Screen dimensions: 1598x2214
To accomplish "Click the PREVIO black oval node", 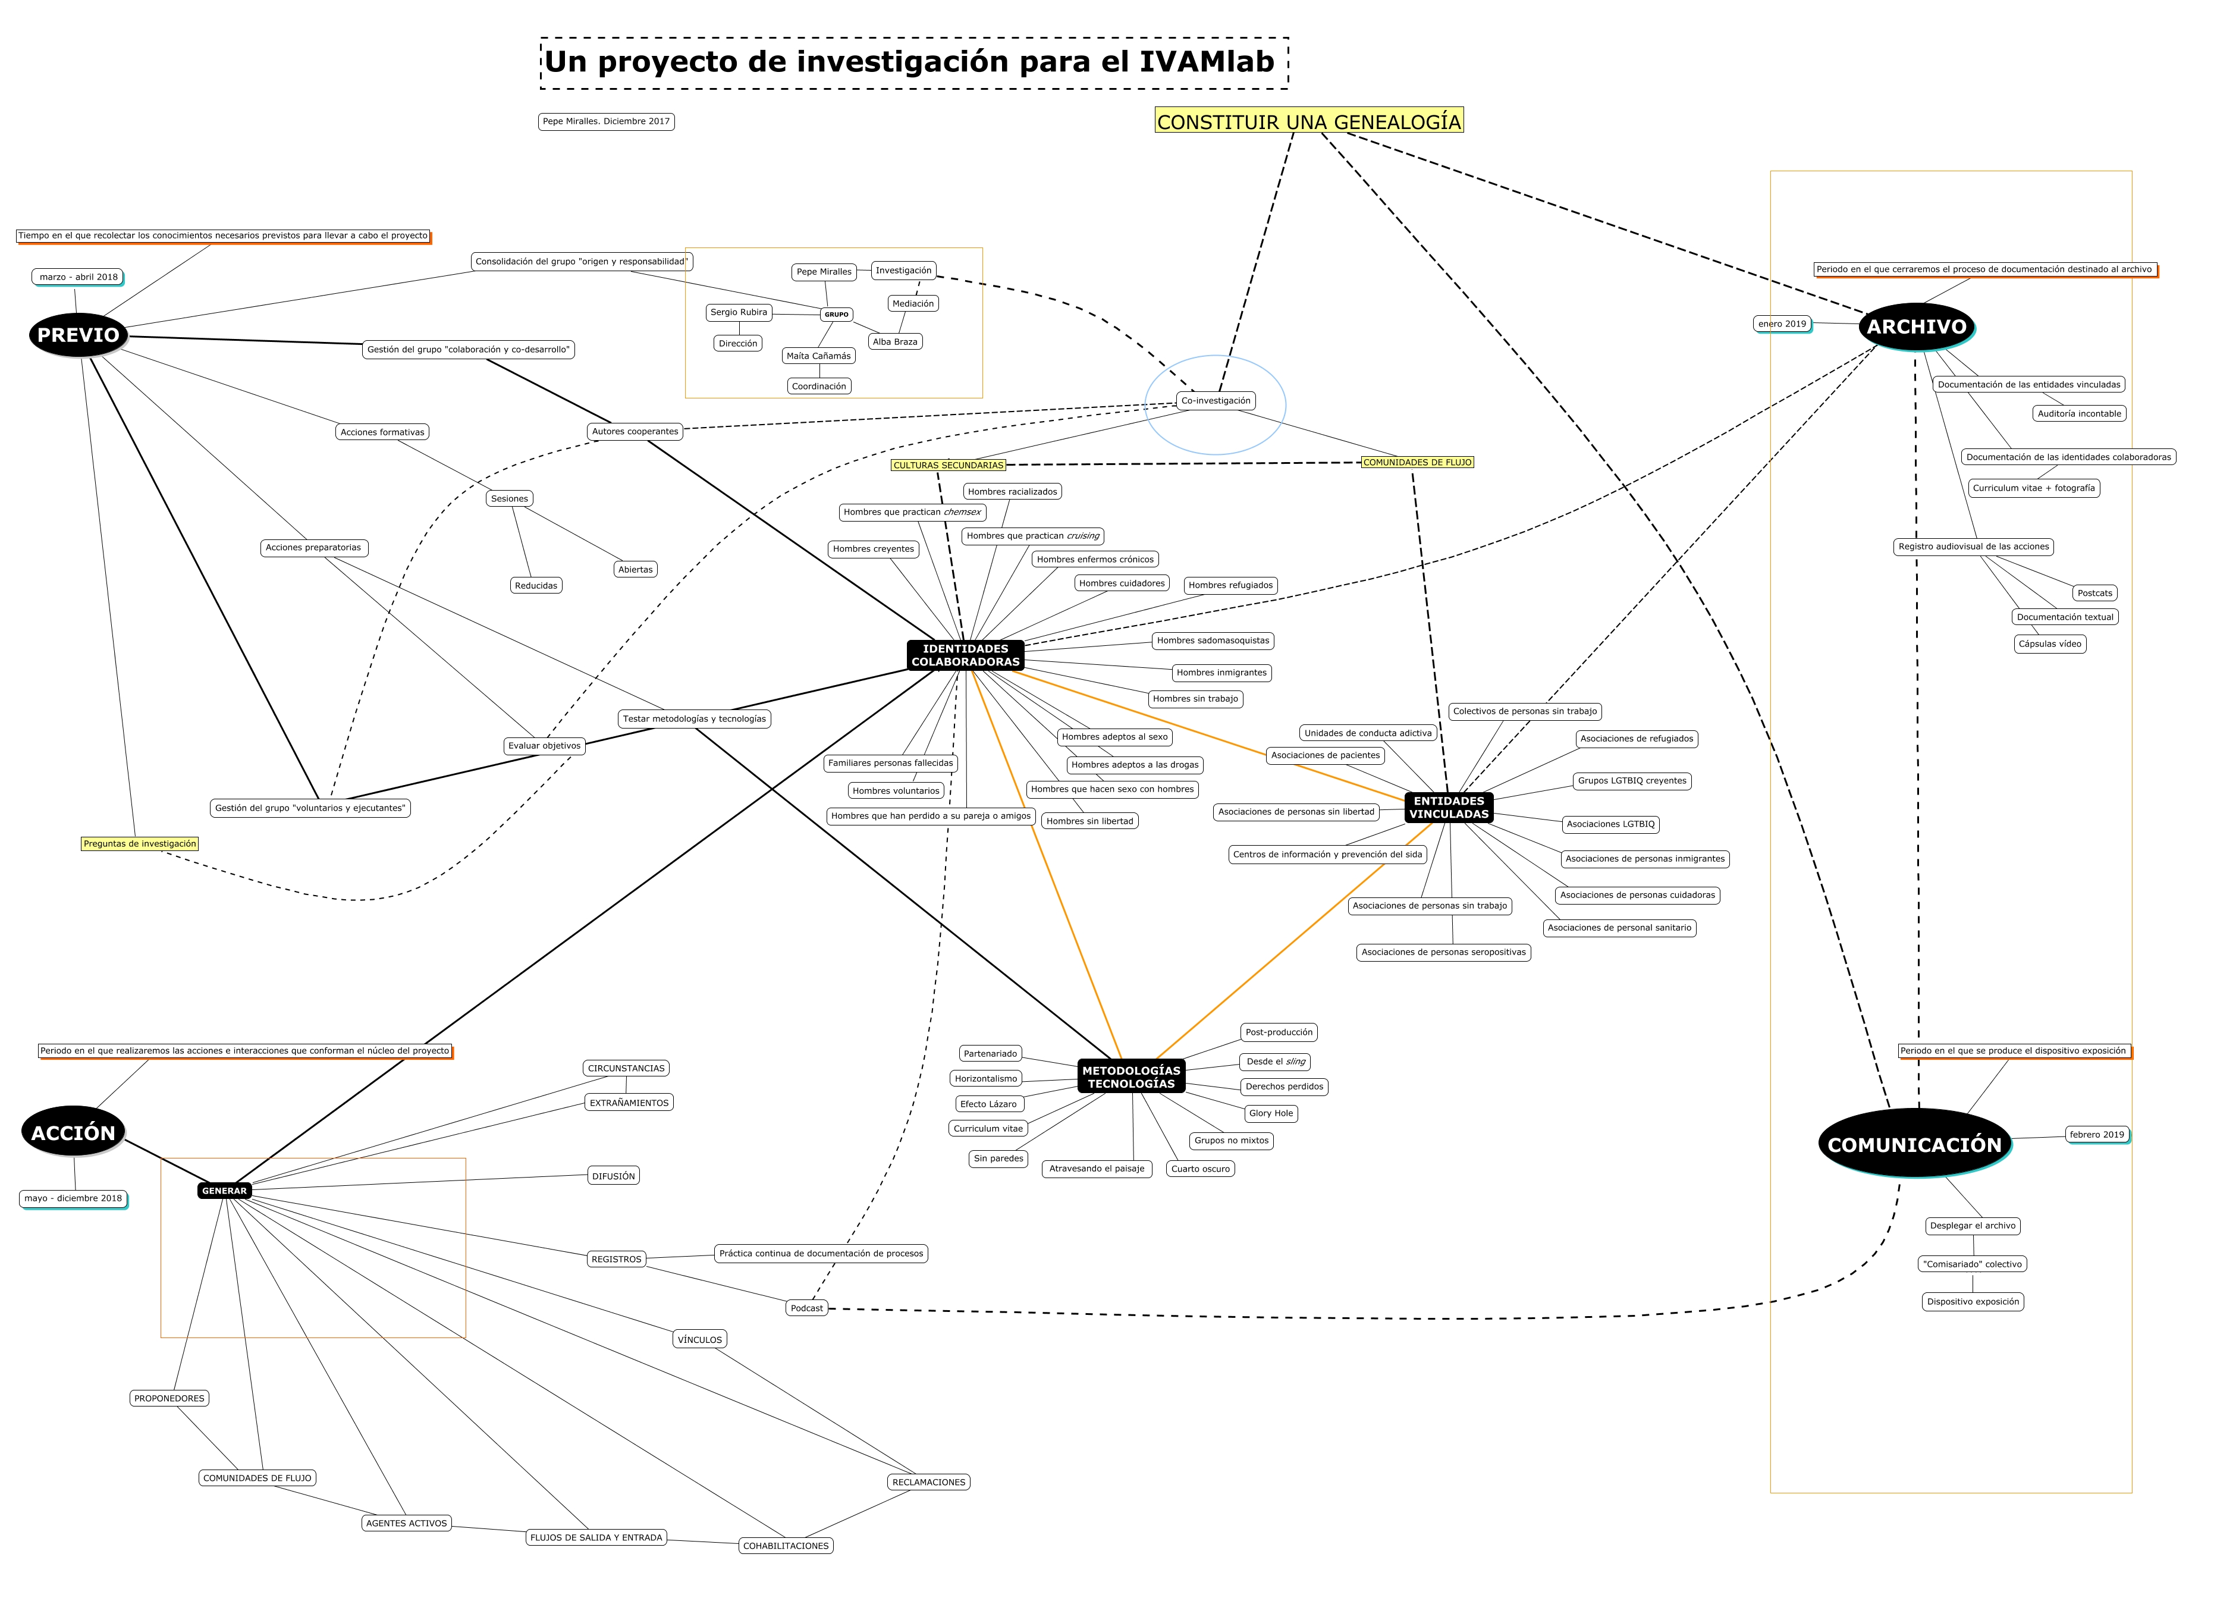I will (x=78, y=335).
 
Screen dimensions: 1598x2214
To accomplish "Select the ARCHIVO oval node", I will (x=1916, y=327).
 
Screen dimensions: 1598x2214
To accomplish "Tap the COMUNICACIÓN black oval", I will (x=1913, y=1144).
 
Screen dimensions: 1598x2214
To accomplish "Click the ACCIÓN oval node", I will (x=73, y=1132).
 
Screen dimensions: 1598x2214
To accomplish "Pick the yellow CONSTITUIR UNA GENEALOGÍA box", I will (x=1308, y=121).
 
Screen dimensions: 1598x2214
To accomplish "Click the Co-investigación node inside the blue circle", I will (x=1216, y=400).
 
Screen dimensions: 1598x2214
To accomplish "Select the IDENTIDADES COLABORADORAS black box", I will (x=965, y=655).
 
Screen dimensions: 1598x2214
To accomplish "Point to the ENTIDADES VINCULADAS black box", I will (x=1449, y=807).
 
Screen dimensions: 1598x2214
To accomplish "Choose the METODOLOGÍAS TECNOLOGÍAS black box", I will (x=1132, y=1076).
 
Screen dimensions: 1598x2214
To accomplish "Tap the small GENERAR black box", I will (x=225, y=1191).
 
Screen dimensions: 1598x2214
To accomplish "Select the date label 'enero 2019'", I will (x=1782, y=324).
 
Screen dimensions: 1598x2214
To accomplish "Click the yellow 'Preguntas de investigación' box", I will (x=140, y=843).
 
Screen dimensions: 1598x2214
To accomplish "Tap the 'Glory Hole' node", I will (x=1270, y=1113).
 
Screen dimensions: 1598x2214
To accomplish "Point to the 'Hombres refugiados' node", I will (x=1230, y=586).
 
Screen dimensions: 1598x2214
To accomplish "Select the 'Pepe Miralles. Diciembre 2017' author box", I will (x=606, y=121).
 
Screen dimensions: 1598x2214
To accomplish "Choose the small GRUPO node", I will (x=837, y=315).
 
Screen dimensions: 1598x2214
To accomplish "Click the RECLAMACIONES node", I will (x=928, y=1482).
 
